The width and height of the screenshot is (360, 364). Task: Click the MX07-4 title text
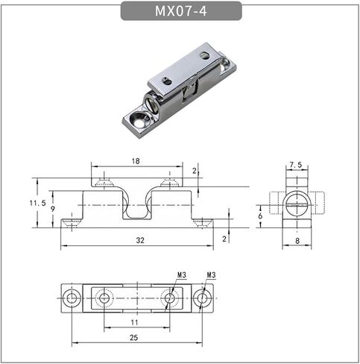tap(180, 11)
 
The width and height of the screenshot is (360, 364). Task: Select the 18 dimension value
tap(136, 161)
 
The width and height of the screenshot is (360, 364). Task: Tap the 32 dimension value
tap(140, 240)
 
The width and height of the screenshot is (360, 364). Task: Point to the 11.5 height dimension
tap(38, 203)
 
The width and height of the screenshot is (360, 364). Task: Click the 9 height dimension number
tap(53, 209)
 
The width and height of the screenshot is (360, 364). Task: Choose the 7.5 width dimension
tap(296, 165)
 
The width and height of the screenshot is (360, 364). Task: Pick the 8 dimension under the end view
tap(297, 240)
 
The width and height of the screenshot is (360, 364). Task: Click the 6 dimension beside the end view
tap(260, 216)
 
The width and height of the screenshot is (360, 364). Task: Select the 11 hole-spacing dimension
tap(134, 322)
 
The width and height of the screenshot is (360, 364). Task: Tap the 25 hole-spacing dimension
tap(133, 338)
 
